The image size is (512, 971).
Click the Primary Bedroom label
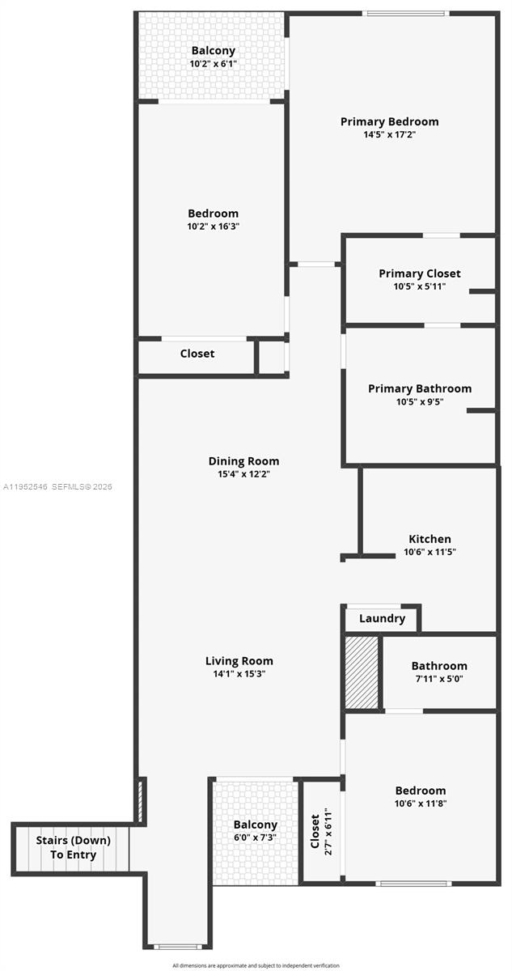point(389,121)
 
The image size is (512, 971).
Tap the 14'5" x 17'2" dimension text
point(389,135)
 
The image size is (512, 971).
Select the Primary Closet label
point(419,273)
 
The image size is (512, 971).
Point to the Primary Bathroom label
point(419,388)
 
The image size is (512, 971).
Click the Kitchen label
point(429,539)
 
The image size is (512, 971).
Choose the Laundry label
point(382,618)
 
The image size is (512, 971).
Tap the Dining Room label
point(243,461)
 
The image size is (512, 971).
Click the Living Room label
point(239,660)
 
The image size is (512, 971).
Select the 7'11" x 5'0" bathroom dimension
point(439,679)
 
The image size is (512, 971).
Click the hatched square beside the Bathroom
point(362,673)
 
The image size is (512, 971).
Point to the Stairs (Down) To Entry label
point(73,847)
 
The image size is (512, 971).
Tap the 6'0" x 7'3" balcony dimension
point(256,838)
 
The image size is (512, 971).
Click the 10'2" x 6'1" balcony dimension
point(213,63)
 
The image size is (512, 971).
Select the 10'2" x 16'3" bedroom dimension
point(213,227)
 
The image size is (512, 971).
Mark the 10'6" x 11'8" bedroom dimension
point(420,804)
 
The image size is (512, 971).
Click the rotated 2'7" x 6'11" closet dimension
point(328,831)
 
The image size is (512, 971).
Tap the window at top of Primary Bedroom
point(404,13)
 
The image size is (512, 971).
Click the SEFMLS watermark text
point(58,487)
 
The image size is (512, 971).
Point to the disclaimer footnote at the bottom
point(256,965)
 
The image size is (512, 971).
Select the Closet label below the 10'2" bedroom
point(197,354)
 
